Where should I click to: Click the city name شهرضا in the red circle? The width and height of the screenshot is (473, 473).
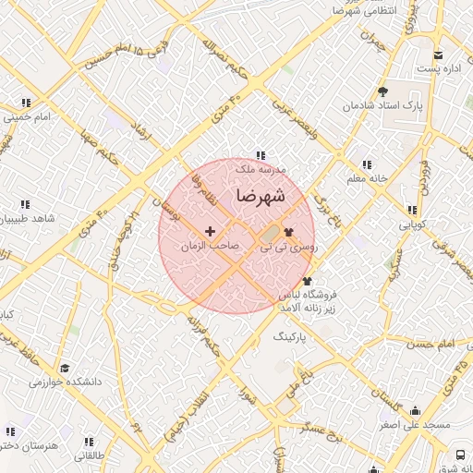pyautogui.click(x=260, y=196)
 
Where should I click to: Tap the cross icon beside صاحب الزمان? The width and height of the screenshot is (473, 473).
pyautogui.click(x=210, y=231)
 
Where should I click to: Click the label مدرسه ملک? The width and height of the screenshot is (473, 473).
pyautogui.click(x=261, y=170)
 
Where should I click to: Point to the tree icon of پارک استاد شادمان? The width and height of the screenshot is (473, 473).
pyautogui.click(x=382, y=91)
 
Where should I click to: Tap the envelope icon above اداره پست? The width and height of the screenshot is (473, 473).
pyautogui.click(x=438, y=55)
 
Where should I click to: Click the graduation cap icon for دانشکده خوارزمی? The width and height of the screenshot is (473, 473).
pyautogui.click(x=64, y=367)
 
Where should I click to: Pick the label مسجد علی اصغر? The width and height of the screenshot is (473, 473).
pyautogui.click(x=414, y=426)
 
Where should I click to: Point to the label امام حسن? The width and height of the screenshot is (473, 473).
pyautogui.click(x=434, y=344)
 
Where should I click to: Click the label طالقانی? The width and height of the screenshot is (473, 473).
pyautogui.click(x=91, y=455)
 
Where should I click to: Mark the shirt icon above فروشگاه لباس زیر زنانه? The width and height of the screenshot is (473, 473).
pyautogui.click(x=308, y=281)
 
